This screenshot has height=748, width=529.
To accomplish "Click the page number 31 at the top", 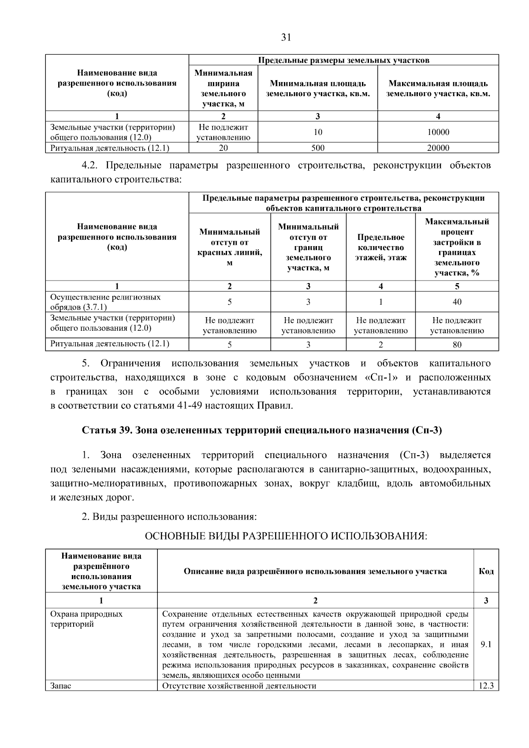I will coord(286,37).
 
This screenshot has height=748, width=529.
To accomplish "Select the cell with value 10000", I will coord(438,132).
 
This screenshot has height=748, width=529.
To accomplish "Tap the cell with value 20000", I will coord(438,148).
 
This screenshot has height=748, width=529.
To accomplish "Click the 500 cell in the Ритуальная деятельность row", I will coord(317,148).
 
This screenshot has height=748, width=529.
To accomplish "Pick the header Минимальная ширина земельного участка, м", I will coord(223,88).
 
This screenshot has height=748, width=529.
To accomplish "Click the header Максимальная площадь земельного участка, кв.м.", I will coord(438,88).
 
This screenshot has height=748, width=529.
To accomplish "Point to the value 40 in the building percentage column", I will coord(457,302).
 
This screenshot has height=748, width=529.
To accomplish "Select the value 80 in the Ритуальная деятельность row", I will coord(457,344).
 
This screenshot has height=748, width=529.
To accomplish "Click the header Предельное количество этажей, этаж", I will coord(380,247).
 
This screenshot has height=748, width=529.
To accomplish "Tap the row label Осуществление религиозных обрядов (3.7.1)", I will coord(106,302).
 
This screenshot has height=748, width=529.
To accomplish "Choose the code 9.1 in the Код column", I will coord(486,644).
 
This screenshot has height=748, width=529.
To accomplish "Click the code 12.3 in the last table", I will coord(486,686).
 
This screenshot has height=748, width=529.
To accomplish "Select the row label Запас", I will coord(61,686).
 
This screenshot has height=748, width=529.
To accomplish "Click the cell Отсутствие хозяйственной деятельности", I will coord(239,686).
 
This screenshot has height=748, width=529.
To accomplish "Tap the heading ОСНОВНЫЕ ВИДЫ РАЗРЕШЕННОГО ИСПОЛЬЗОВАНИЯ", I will coord(286,536).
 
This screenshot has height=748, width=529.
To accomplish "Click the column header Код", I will coord(486,571).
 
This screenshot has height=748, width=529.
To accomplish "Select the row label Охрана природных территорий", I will coord(86,619).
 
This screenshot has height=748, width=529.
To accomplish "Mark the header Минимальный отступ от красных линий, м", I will coord(229,247).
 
